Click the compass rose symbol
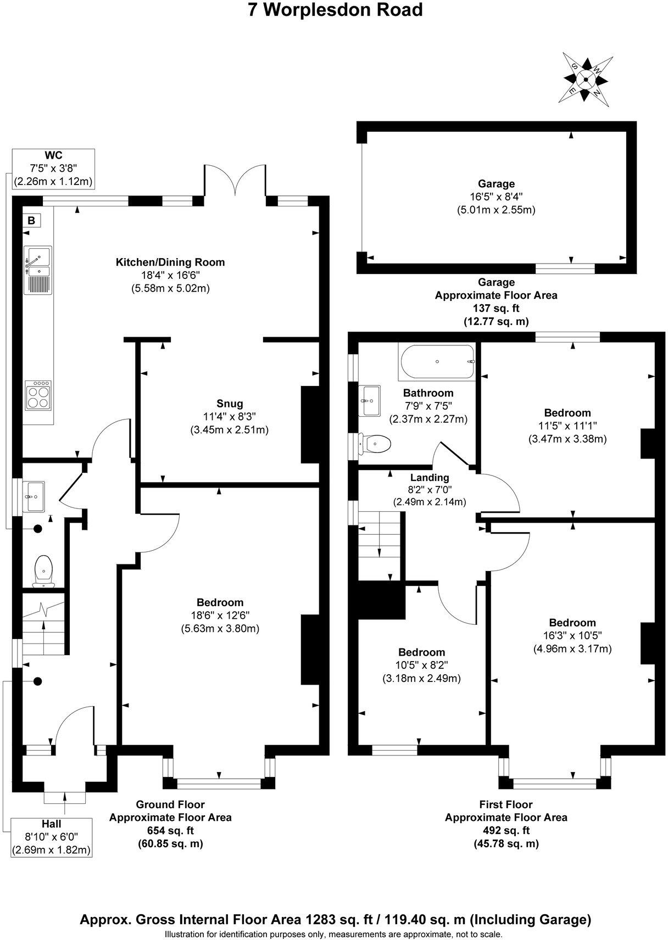pos(586,80)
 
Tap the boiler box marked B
pos(31,221)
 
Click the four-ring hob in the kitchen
pos(38,395)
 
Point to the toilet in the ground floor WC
pos(43,570)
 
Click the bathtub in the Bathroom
pos(437,362)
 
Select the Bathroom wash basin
pos(369,400)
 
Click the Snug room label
pos(230,404)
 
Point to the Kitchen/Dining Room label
pos(170,262)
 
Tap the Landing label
pos(429,478)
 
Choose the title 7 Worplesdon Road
pos(336,10)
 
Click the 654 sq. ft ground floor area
pos(170,831)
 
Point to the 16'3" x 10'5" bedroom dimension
pos(572,635)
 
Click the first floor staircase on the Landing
pos(379,544)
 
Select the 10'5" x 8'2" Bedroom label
pos(421,652)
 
